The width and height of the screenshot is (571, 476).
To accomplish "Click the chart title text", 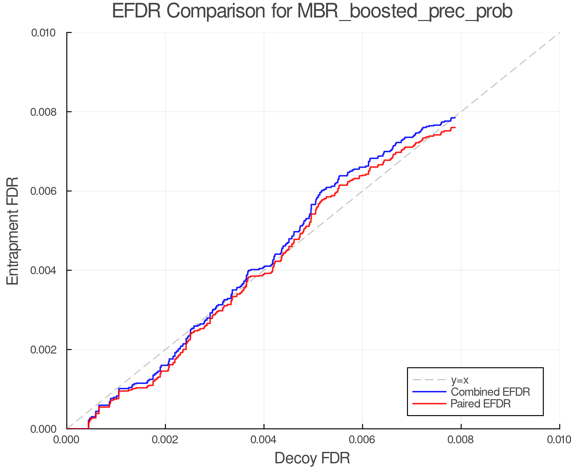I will point(312,11).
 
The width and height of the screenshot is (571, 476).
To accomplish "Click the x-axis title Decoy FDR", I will point(312,458).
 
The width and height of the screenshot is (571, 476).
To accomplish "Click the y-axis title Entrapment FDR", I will point(13,231).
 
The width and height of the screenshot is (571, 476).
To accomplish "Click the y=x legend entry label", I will point(460,380).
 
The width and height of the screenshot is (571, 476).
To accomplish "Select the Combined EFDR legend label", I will point(490,392).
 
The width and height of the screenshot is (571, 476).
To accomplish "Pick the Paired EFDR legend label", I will point(481,404).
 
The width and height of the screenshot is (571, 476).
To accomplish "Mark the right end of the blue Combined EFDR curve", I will point(455,118).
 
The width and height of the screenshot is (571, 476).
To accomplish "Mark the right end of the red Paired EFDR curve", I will point(455,128).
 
